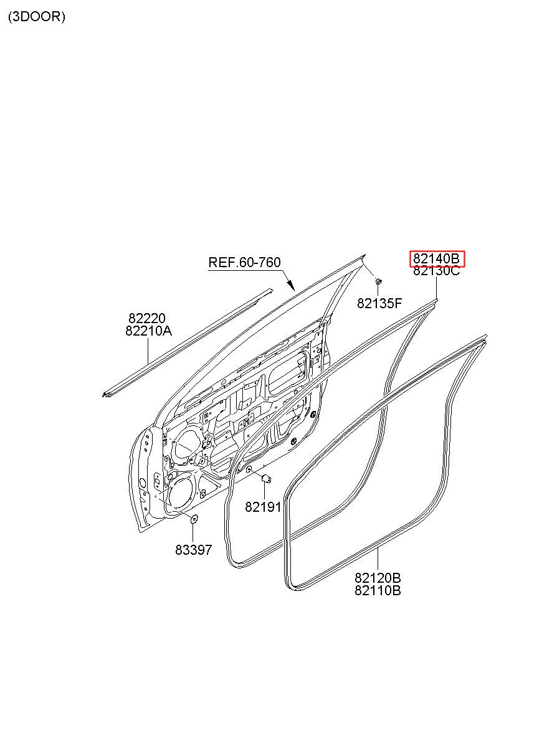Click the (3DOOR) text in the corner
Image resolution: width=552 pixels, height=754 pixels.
click(36, 17)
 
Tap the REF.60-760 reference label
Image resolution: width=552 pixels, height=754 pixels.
click(244, 262)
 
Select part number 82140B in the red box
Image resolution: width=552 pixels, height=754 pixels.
click(437, 258)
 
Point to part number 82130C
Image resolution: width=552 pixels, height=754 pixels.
click(437, 270)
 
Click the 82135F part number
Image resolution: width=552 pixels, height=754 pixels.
click(379, 303)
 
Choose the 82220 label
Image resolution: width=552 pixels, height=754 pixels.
click(147, 319)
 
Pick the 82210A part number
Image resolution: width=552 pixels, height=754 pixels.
click(148, 331)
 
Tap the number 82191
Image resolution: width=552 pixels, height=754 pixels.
click(263, 507)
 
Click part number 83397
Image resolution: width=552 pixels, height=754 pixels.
click(193, 550)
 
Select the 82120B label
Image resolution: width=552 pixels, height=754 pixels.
click(378, 578)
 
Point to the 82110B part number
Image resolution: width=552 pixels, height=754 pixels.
click(378, 590)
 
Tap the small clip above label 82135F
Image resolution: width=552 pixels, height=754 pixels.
click(378, 283)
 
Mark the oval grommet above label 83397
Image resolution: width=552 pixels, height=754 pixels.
click(194, 518)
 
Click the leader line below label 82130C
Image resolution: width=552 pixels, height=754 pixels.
click(437, 287)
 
